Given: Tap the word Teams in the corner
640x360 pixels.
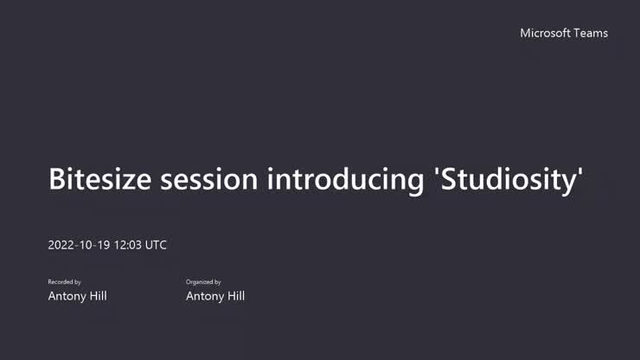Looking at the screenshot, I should (592, 33).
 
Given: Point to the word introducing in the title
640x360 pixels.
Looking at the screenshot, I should (345, 179).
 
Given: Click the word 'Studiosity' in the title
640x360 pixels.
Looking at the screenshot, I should (508, 179).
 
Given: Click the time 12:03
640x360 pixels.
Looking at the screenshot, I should (125, 245).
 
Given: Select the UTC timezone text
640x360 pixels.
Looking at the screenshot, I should (156, 245).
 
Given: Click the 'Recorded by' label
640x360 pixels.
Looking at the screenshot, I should (64, 282).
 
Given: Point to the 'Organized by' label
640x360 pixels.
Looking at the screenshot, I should (203, 282).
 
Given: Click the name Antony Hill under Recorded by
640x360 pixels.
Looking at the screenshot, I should (77, 296).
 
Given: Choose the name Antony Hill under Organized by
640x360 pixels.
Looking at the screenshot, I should (215, 296).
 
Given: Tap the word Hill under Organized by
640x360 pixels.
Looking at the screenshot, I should (234, 296).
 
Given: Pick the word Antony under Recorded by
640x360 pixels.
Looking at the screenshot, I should (66, 296).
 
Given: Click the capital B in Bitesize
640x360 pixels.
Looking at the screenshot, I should (58, 179).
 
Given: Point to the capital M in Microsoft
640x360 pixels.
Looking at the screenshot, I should (525, 33).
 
